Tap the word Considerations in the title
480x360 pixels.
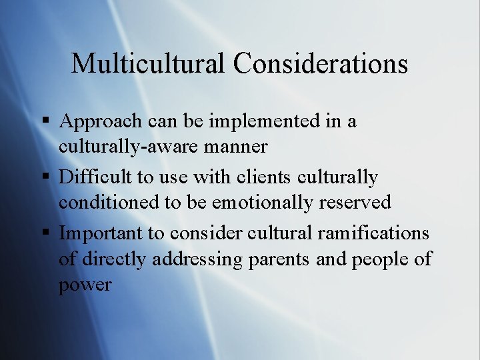coord(321,63)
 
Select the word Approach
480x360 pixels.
coord(101,122)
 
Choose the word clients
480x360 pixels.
coord(262,177)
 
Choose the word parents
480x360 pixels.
coord(284,259)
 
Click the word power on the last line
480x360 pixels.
coord(85,285)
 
